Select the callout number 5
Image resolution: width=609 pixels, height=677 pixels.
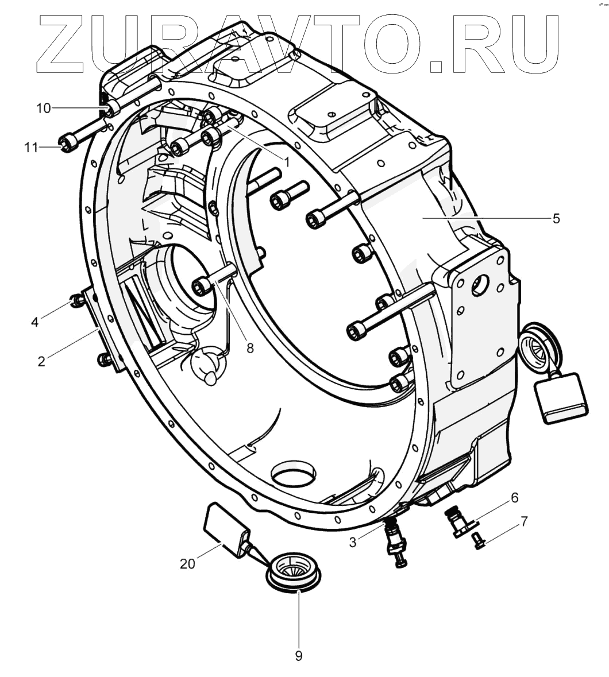tap(556, 218)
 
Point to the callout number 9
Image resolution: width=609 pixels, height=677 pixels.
tap(298, 656)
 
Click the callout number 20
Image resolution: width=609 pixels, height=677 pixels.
tap(187, 564)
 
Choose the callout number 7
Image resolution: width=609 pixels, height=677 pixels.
tap(523, 521)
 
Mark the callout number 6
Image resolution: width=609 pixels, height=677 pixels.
tap(514, 497)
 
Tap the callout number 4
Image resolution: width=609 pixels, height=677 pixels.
tap(35, 322)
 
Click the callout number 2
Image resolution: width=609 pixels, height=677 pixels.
tap(41, 361)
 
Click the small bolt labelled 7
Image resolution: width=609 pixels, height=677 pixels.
tap(477, 540)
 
